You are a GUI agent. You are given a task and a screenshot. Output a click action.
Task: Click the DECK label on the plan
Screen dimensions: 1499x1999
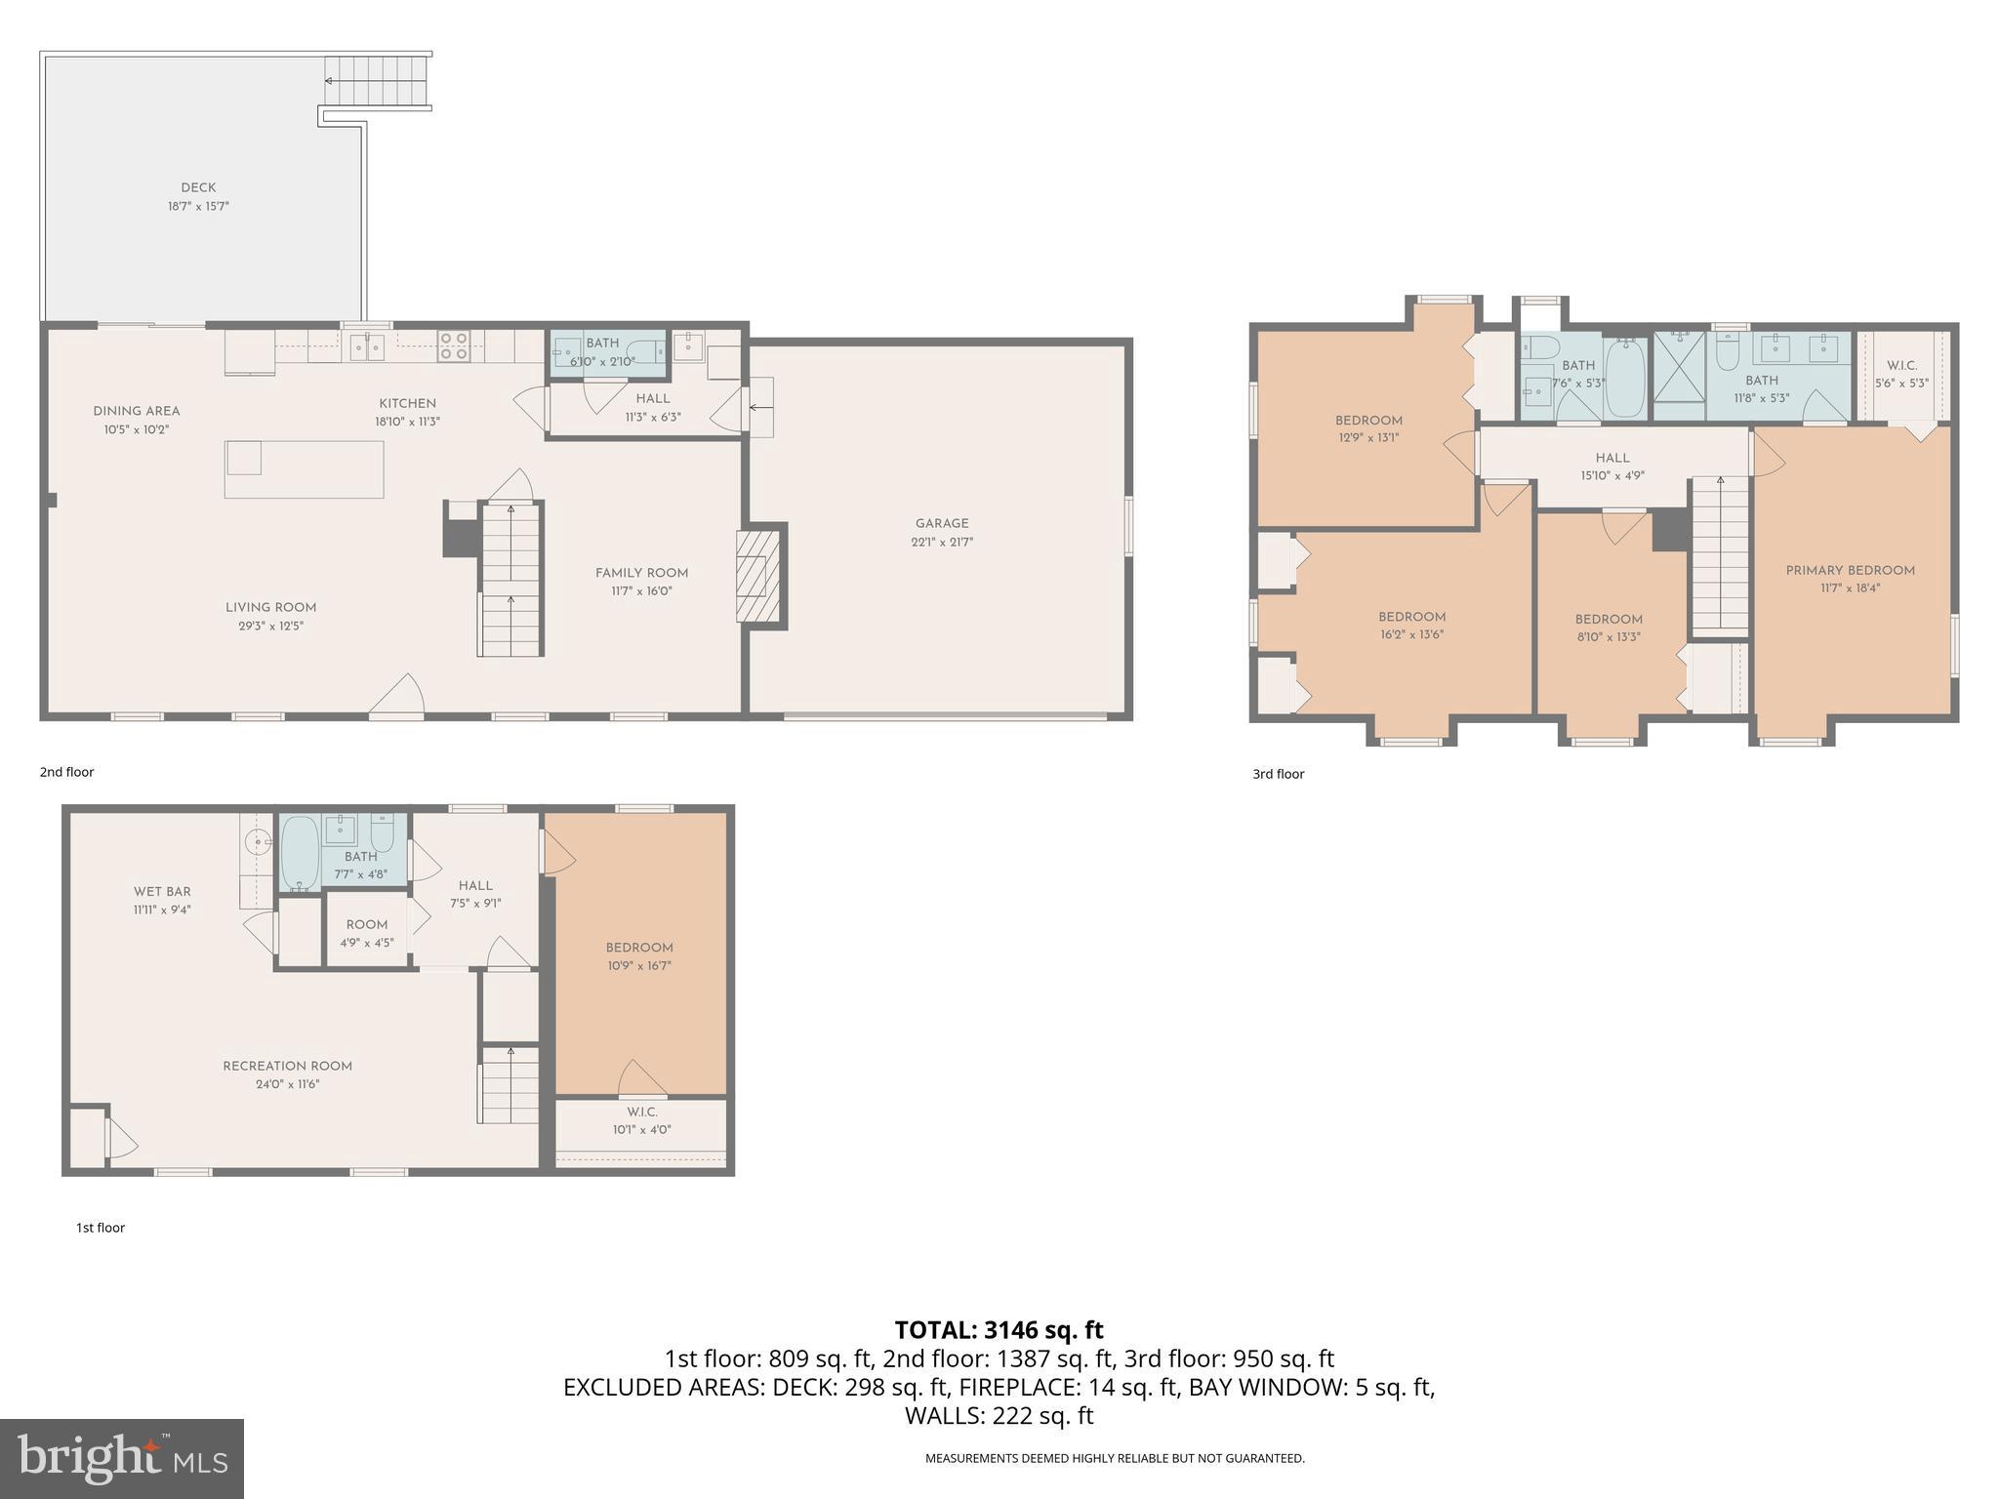click(x=198, y=187)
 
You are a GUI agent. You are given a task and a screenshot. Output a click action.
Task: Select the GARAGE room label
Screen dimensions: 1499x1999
click(x=941, y=523)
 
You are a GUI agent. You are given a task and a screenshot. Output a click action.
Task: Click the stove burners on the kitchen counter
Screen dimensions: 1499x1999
click(x=454, y=345)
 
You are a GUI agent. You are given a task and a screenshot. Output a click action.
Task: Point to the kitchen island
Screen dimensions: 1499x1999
click(x=304, y=469)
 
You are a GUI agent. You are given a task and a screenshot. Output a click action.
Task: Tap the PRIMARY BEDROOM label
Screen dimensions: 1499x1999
click(x=1850, y=570)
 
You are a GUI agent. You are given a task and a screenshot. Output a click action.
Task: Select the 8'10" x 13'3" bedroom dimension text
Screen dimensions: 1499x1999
click(x=1608, y=637)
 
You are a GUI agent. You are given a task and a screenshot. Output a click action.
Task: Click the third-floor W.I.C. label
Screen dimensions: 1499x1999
click(x=1901, y=365)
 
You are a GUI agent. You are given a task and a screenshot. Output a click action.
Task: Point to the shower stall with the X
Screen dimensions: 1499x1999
click(x=1680, y=376)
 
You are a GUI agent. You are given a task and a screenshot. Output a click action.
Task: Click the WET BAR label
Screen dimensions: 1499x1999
click(x=162, y=891)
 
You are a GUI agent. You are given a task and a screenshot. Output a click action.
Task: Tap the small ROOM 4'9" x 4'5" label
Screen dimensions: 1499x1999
click(x=366, y=924)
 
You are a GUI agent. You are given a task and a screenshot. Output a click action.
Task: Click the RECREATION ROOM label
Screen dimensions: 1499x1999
click(x=287, y=1066)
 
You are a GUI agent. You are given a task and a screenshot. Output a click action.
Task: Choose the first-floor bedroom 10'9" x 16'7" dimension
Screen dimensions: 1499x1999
click(x=638, y=965)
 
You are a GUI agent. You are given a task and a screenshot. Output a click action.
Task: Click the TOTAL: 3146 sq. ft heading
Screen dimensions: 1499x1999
click(x=999, y=1329)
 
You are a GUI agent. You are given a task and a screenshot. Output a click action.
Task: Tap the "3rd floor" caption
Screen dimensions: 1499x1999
click(x=1278, y=774)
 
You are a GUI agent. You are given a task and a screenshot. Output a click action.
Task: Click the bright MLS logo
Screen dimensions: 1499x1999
click(x=122, y=1458)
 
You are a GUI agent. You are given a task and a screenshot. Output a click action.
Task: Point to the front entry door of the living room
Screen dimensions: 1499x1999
click(x=396, y=699)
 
